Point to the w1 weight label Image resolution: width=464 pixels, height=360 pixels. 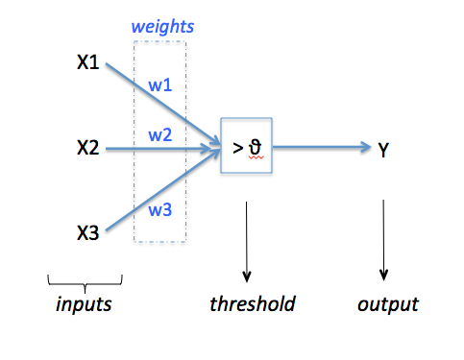(x=159, y=84)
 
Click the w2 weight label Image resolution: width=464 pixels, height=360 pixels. (x=159, y=134)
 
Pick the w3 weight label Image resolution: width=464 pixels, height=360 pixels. (x=159, y=208)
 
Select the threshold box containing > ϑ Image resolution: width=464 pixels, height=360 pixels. (x=247, y=146)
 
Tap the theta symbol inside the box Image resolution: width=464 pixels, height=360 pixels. (x=255, y=147)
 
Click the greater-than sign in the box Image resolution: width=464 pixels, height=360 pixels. (x=236, y=147)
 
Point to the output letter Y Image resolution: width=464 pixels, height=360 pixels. (x=384, y=149)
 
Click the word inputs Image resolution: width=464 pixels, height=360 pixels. (x=84, y=305)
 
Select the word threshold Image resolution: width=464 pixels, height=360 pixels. (x=252, y=305)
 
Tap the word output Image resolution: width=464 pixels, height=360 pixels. (x=388, y=305)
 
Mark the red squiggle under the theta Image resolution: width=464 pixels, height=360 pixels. (x=255, y=160)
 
